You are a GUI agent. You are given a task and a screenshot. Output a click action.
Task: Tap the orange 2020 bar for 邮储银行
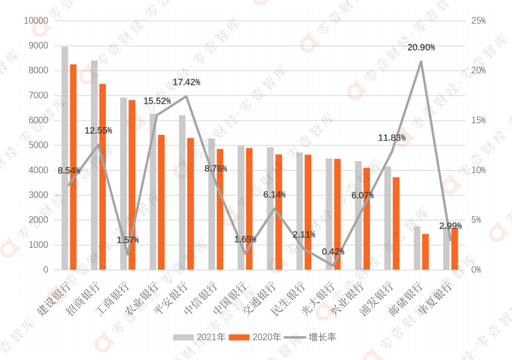coord(425,252)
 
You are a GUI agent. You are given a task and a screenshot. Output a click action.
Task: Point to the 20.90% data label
coord(421,48)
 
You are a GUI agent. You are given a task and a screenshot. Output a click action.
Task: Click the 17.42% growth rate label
coord(186,83)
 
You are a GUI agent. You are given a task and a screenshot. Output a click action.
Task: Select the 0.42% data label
coord(332,252)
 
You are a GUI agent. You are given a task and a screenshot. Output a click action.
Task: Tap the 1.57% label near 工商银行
coord(128,240)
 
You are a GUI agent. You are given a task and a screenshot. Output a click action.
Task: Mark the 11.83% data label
coord(392,138)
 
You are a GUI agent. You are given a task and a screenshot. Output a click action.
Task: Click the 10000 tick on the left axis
coord(36,21)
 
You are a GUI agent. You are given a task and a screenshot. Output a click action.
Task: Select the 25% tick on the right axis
coord(478,21)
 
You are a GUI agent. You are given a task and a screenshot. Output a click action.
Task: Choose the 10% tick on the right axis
coord(478,170)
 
